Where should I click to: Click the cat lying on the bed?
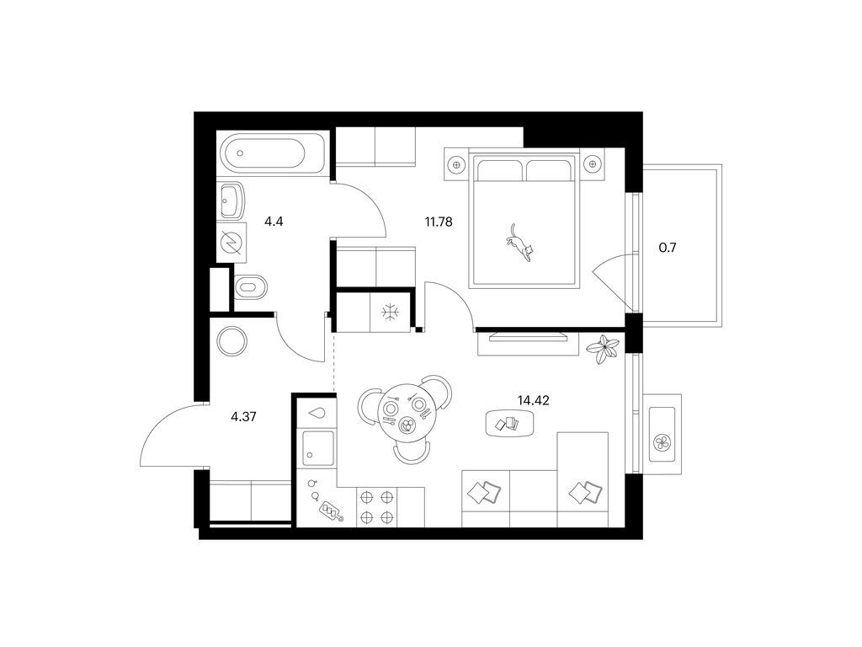[x=519, y=243]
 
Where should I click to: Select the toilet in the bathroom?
[x=251, y=286]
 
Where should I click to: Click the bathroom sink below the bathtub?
[x=231, y=201]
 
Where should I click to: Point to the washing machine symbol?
[x=231, y=242]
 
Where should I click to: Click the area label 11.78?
[x=438, y=222]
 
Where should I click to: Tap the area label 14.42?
[x=533, y=400]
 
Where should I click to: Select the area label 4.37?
[x=243, y=416]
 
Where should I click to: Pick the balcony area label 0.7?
[x=668, y=248]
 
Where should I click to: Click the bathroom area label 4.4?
[x=274, y=222]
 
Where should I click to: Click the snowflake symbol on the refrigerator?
[x=391, y=313]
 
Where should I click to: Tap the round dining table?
[x=406, y=409]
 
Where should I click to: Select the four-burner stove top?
[x=376, y=507]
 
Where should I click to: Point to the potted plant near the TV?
[x=603, y=349]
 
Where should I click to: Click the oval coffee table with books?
[x=509, y=424]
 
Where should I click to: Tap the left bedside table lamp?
[x=455, y=163]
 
